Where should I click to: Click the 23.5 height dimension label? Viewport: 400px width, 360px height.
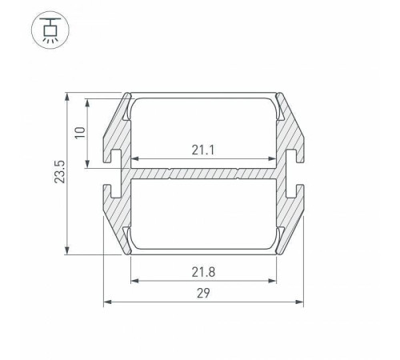tap(60, 172)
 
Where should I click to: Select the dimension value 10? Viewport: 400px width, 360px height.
tap(80, 133)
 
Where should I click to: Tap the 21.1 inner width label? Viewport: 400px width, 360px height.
tap(203, 150)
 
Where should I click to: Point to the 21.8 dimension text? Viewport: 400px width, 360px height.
tap(203, 272)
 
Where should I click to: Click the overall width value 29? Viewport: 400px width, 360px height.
tap(203, 294)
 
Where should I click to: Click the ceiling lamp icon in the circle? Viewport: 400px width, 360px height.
tap(50, 30)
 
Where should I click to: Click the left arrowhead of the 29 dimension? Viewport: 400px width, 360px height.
tap(107, 302)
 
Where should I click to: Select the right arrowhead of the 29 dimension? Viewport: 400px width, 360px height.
tap(300, 302)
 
